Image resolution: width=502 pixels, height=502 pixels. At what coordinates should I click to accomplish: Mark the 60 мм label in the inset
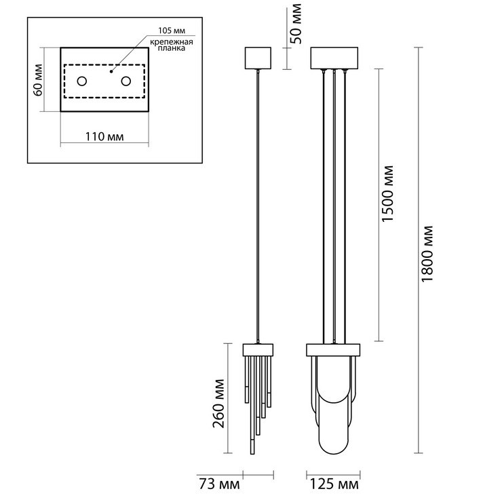click(x=39, y=79)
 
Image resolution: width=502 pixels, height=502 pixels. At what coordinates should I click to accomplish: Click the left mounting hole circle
click(x=81, y=81)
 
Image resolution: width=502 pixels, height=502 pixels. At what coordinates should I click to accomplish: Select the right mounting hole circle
click(x=125, y=81)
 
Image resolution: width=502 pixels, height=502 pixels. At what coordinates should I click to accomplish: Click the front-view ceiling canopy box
click(x=334, y=58)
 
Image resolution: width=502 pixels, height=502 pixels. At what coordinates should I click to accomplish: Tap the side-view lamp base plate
click(x=258, y=350)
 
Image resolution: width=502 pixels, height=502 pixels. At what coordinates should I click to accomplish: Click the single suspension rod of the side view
click(x=258, y=204)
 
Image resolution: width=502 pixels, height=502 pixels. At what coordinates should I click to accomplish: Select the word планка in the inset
click(x=167, y=50)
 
